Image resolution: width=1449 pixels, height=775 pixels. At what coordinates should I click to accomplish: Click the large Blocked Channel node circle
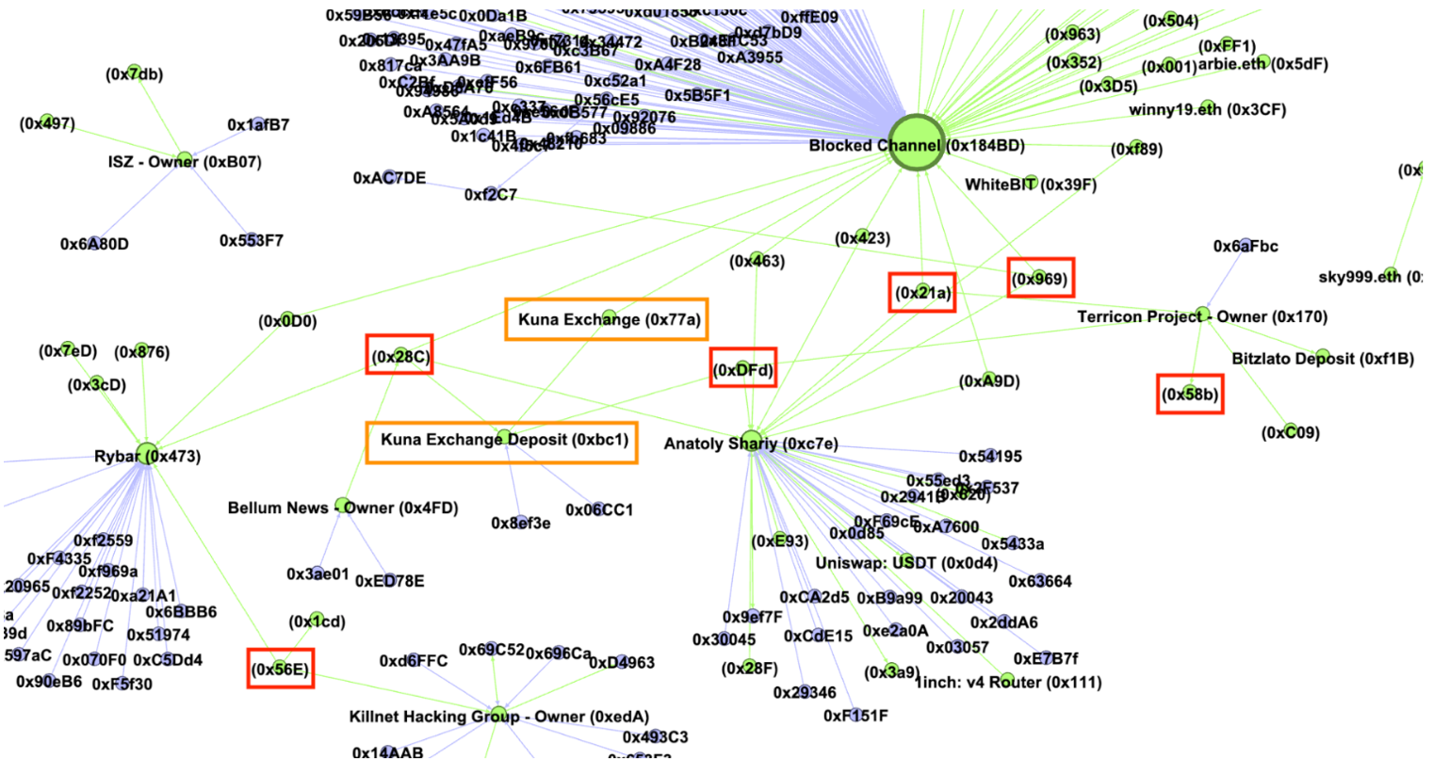tap(916, 143)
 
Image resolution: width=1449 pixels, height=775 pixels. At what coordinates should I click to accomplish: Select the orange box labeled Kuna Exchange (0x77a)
tap(607, 319)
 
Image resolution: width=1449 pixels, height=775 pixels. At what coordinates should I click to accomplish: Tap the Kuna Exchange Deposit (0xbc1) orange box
tap(502, 442)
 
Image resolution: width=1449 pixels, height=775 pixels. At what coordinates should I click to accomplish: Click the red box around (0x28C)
tap(399, 355)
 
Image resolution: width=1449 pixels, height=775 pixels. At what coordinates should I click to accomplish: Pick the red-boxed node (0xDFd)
tap(743, 368)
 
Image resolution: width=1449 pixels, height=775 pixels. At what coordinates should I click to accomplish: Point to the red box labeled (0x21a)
tap(922, 292)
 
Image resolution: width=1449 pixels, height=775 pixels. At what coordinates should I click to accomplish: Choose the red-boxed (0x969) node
tap(1040, 278)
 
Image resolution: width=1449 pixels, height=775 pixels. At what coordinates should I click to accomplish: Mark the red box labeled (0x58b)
tap(1190, 394)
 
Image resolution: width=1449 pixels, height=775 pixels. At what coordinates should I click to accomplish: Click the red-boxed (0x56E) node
tap(280, 669)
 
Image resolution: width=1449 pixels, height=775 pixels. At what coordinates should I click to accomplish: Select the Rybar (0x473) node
tap(147, 455)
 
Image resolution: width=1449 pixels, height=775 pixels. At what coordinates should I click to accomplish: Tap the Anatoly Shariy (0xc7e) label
tap(750, 444)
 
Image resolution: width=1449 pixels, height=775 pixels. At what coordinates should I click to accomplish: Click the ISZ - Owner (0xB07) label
tap(184, 162)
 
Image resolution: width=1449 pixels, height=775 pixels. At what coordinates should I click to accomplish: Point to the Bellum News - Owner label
tap(342, 508)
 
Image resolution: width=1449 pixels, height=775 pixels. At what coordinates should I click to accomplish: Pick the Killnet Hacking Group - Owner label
tap(498, 717)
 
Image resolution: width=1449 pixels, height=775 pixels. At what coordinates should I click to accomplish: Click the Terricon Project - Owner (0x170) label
tap(1202, 316)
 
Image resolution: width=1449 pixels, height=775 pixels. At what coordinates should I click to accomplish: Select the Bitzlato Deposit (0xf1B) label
tap(1322, 359)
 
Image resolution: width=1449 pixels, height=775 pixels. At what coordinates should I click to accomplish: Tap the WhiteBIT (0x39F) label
tap(1030, 185)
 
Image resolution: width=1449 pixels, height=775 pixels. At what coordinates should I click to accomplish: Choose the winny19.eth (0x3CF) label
tap(1207, 109)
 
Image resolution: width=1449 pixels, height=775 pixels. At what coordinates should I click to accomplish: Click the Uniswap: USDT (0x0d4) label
tap(905, 563)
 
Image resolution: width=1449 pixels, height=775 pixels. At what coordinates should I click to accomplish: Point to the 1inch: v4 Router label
tap(1008, 682)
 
